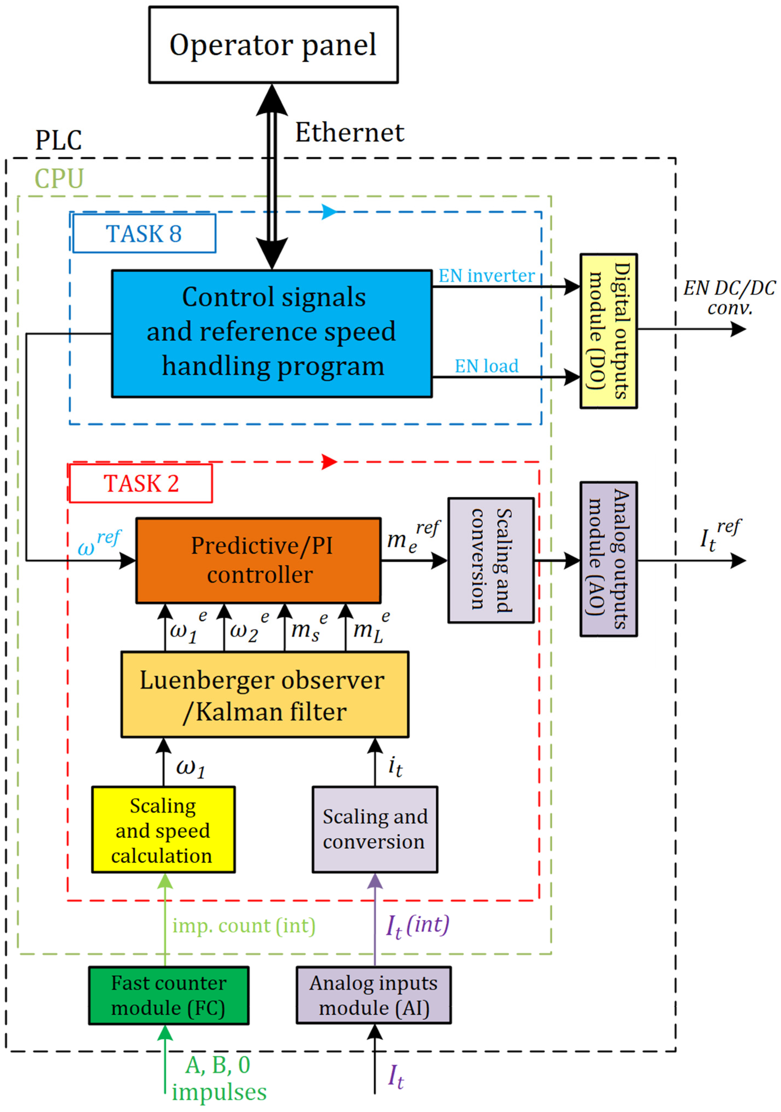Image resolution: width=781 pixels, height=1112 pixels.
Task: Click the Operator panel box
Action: click(x=273, y=45)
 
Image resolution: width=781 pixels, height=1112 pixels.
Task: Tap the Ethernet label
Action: click(x=350, y=133)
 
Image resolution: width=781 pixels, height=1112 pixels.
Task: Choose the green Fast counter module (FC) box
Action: click(x=169, y=995)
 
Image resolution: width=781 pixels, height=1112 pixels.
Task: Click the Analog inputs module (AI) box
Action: click(x=373, y=995)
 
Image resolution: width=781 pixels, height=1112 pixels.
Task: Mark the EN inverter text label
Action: click(x=486, y=276)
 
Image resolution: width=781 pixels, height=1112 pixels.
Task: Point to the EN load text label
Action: click(x=486, y=366)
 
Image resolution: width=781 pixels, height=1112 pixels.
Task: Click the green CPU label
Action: click(x=59, y=179)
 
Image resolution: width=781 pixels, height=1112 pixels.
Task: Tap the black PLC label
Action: click(x=58, y=141)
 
